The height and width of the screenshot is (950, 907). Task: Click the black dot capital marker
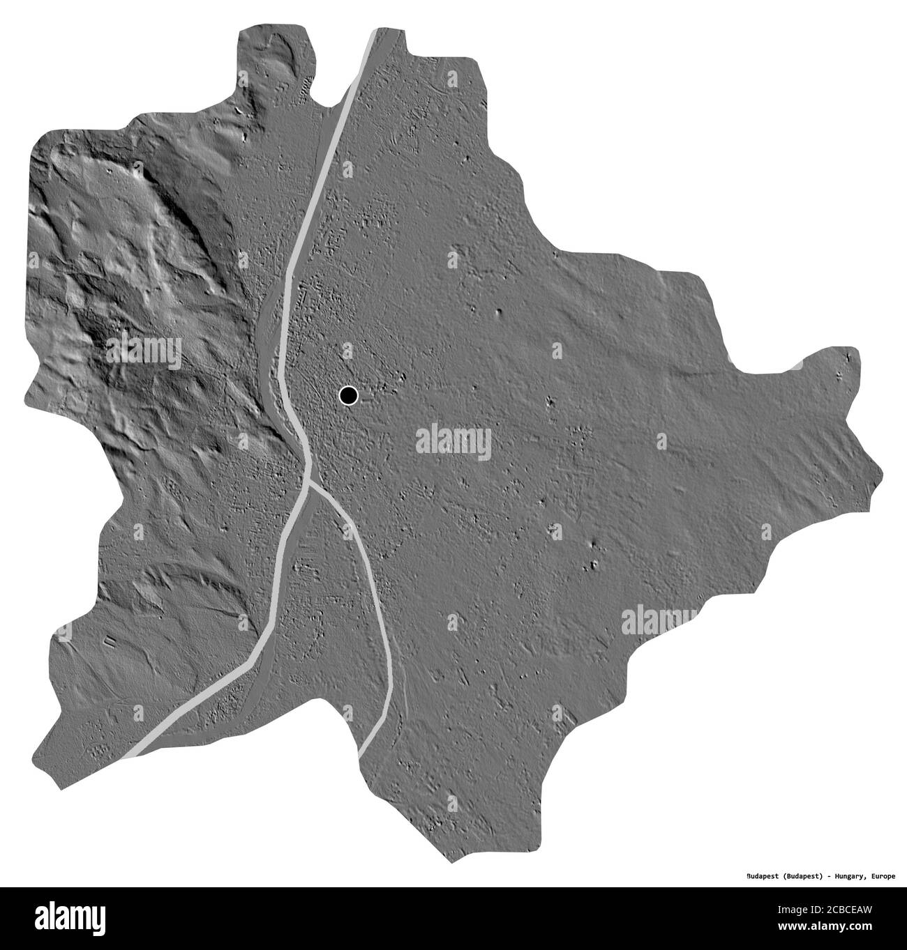pyautogui.click(x=348, y=396)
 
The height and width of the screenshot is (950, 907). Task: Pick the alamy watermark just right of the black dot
pyautogui.click(x=453, y=441)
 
